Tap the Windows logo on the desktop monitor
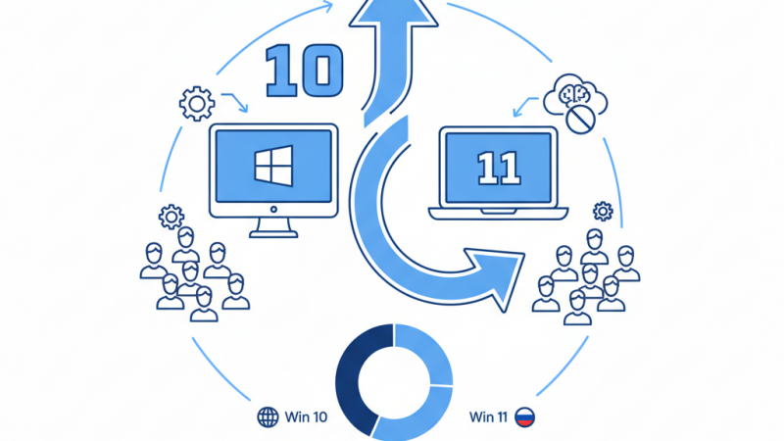pos(273,167)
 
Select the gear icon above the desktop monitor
pos(196,102)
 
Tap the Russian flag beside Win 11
pos(525,417)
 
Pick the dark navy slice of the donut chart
pos(357,377)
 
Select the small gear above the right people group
pos(603,211)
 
